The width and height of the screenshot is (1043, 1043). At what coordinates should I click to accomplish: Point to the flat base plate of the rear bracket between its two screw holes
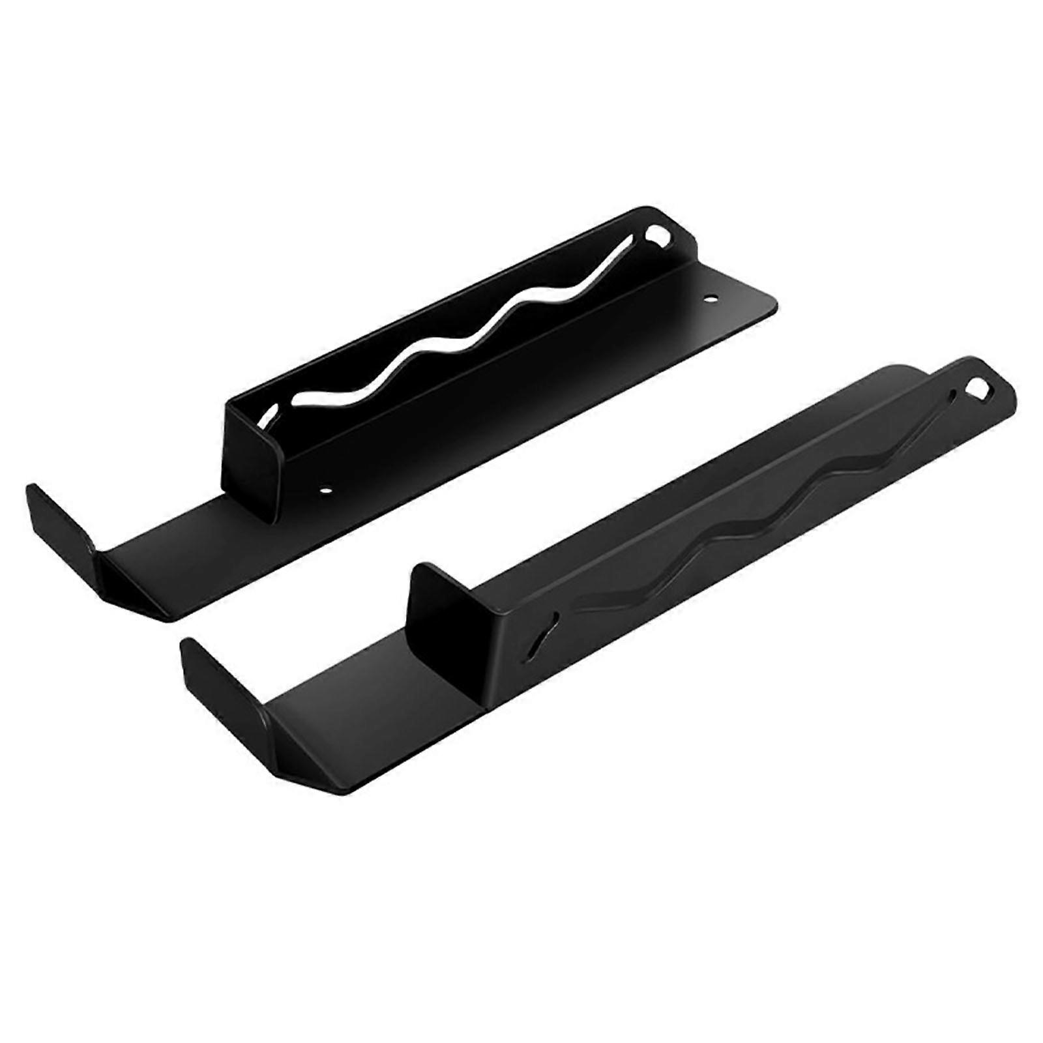(521, 404)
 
